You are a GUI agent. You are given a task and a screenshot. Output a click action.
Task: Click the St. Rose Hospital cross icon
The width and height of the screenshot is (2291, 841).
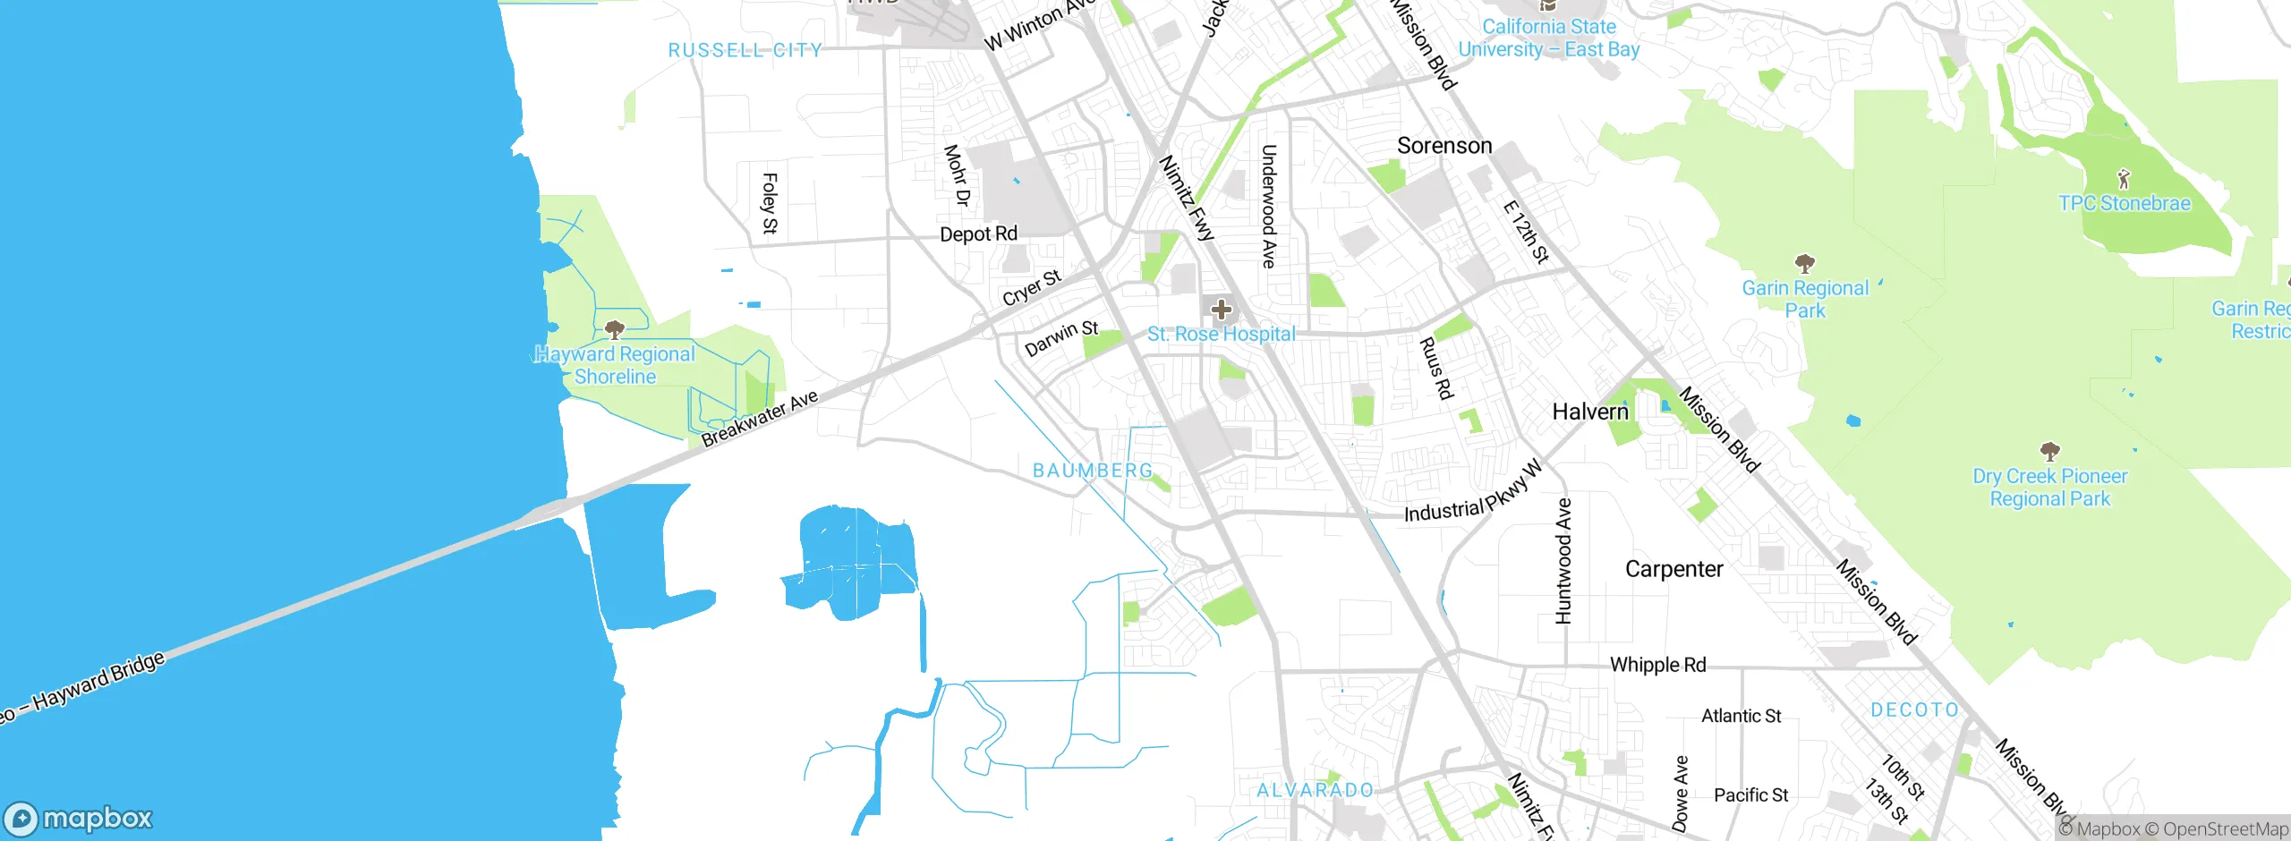(1221, 310)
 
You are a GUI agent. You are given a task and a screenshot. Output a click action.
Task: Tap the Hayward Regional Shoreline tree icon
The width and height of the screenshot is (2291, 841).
(614, 329)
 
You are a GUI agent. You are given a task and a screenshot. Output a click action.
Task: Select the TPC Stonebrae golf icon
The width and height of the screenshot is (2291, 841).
(2124, 179)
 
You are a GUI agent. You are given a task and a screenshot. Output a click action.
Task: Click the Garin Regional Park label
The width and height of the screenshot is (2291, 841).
(1805, 299)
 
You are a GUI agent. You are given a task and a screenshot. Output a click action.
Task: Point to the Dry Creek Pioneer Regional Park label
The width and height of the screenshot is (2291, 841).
(2049, 488)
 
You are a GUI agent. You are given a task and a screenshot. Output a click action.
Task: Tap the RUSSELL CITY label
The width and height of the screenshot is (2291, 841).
(745, 50)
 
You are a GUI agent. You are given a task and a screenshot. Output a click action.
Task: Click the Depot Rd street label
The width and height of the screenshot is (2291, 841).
(978, 234)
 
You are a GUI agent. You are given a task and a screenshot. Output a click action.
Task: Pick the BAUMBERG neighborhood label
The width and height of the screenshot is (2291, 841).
(1093, 471)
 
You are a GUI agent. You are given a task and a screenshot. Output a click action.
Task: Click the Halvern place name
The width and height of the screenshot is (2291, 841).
(1590, 412)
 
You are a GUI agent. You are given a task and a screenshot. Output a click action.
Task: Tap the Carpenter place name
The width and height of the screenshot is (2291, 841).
(1674, 569)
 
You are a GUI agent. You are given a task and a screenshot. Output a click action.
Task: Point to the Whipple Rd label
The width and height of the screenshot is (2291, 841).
(1657, 665)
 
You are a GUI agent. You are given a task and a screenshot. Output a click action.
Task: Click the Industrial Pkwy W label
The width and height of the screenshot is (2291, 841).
(1473, 494)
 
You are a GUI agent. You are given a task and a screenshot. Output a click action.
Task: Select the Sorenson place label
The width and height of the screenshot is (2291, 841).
(1444, 146)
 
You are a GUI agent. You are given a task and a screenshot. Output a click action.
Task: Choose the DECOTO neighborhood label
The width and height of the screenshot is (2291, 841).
(1914, 709)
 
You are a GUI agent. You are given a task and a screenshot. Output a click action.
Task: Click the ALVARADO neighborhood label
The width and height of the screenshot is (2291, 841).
(1315, 790)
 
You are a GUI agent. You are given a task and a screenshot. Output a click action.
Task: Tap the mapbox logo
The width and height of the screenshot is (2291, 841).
(79, 819)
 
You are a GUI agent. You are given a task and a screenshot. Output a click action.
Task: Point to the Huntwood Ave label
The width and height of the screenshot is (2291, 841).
(1563, 561)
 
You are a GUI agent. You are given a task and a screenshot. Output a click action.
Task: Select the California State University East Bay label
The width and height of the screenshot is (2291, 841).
(1548, 38)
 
